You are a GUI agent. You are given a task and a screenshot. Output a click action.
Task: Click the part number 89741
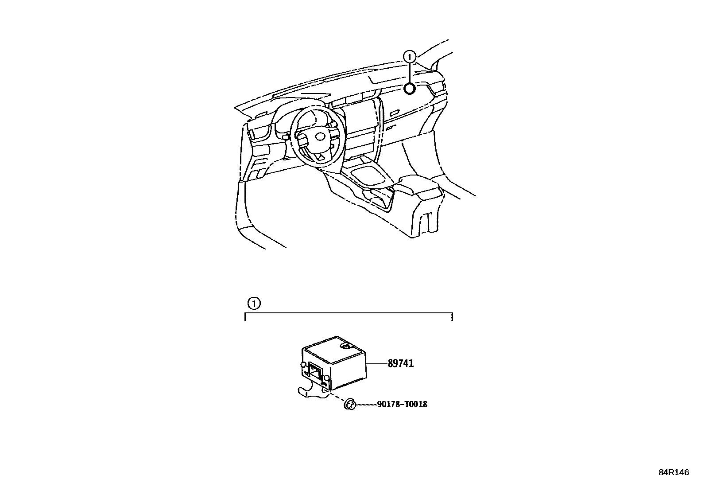400,364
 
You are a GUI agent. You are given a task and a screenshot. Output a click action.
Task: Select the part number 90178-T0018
402,404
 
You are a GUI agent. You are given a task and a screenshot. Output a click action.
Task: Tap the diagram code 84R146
673,472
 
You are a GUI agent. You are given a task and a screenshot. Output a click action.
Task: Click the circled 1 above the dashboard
410,56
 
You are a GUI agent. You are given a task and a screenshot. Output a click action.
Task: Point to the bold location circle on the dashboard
410,89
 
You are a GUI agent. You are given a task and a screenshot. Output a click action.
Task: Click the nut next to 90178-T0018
350,404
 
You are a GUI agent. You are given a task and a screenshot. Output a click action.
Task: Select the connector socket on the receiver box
314,371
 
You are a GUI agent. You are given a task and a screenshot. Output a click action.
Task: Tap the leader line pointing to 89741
377,364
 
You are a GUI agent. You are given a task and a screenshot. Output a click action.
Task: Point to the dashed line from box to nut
337,397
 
